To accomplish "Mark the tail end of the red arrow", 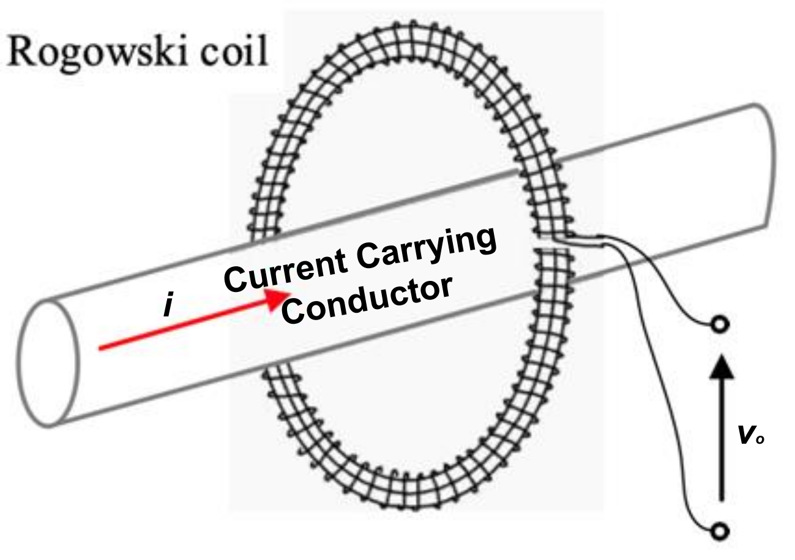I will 102,349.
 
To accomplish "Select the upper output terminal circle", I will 722,324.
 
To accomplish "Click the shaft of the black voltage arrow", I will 722,441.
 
